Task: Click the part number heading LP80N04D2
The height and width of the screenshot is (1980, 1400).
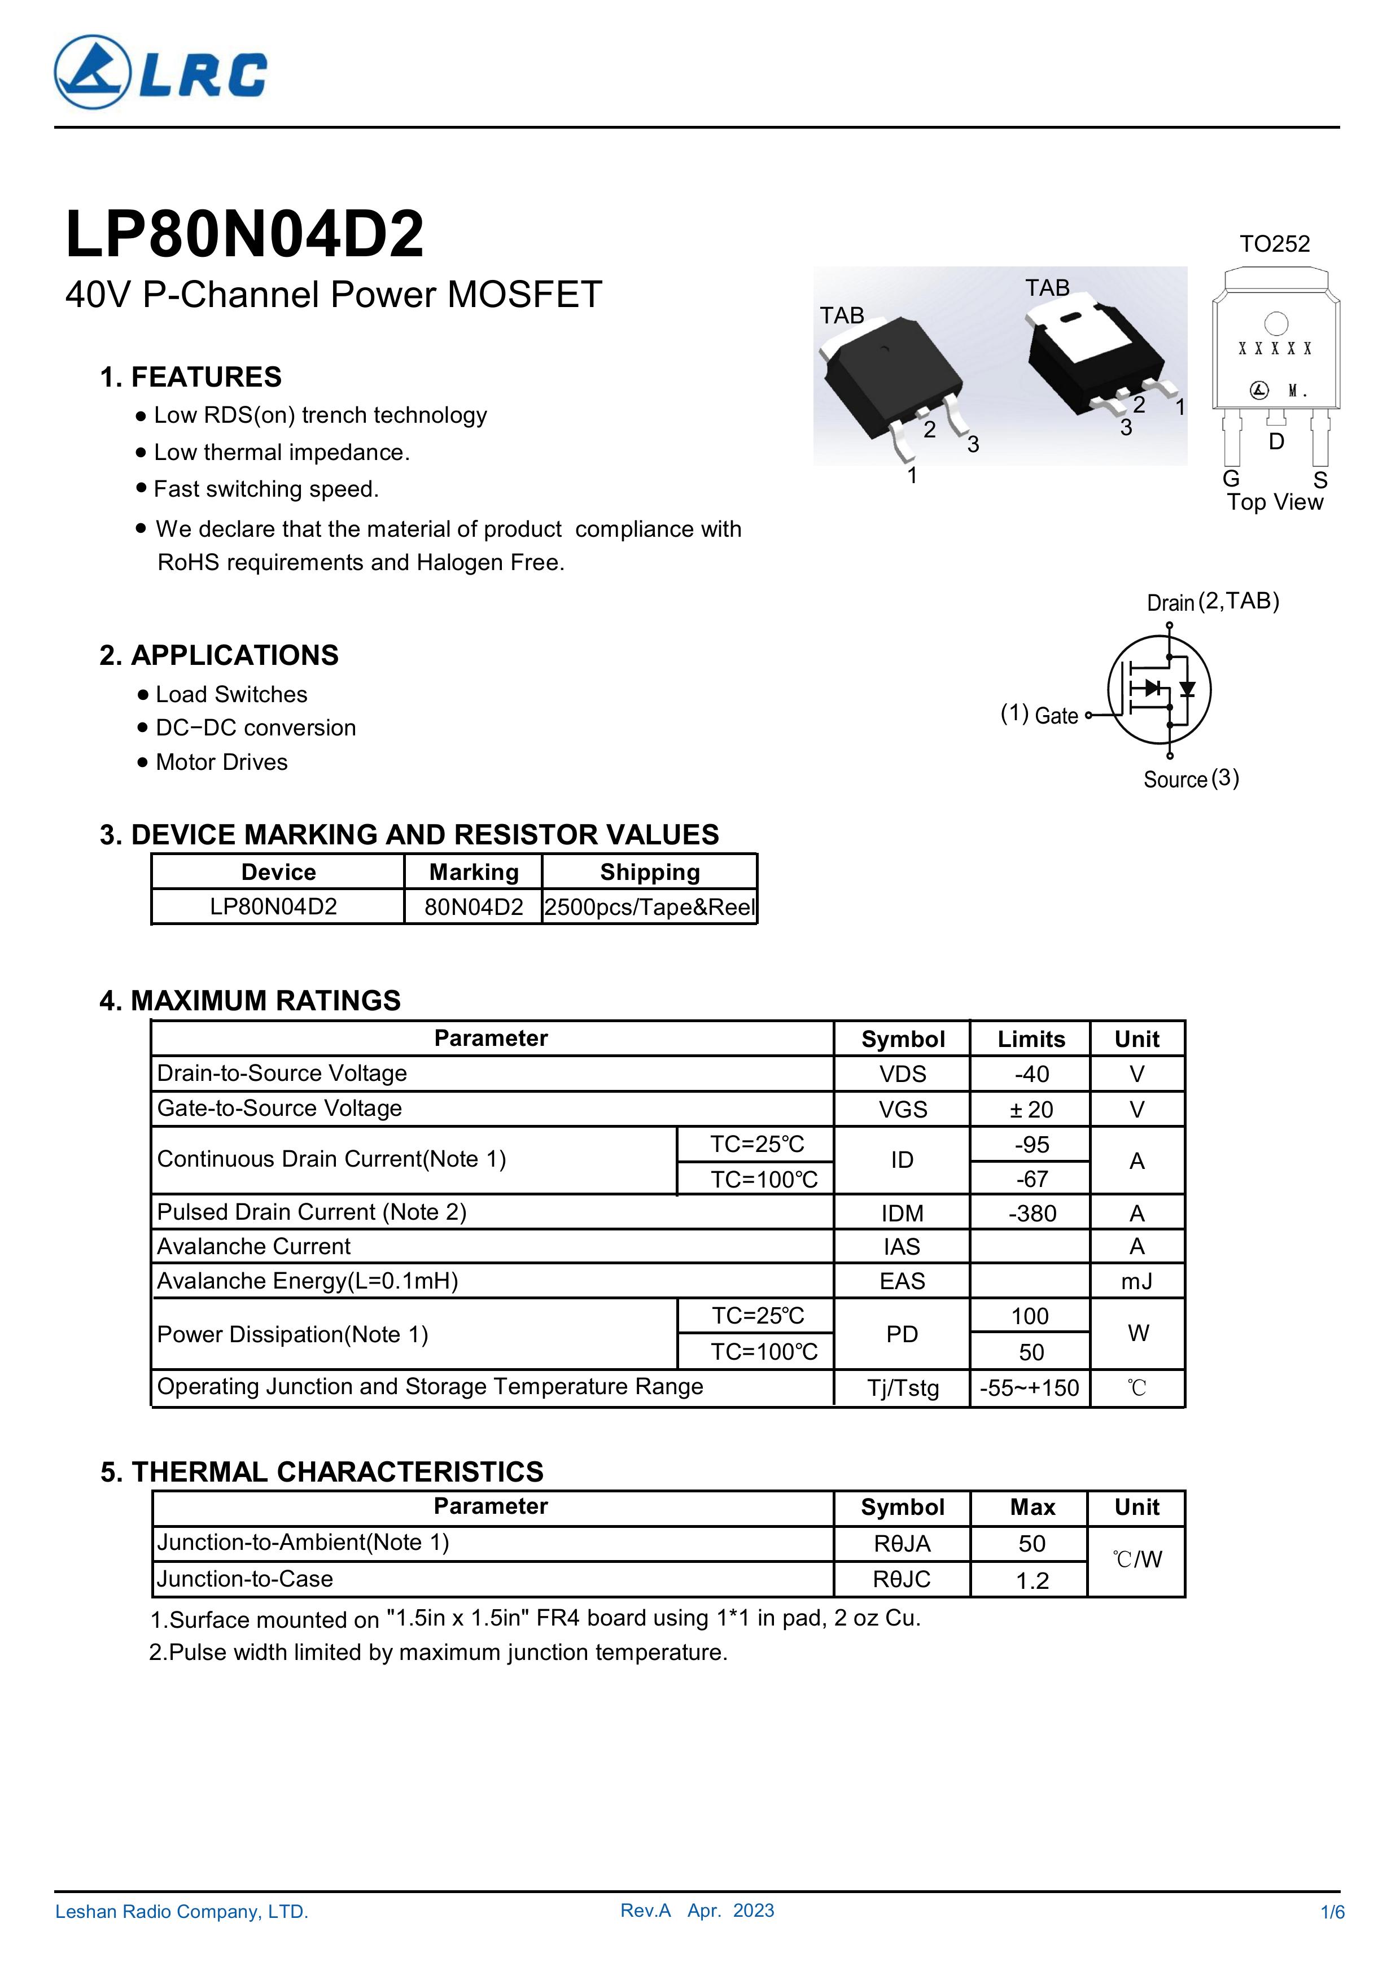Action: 245,235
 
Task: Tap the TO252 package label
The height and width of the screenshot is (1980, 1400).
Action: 1274,244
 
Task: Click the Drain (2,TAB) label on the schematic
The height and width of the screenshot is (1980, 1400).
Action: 1212,602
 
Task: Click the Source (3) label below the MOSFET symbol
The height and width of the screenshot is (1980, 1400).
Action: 1191,779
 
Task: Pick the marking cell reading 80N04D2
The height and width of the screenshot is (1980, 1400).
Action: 474,907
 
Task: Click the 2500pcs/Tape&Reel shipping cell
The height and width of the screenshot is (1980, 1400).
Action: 650,907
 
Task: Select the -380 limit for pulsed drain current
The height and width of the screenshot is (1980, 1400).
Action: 1032,1214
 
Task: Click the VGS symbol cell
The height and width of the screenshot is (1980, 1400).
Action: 902,1109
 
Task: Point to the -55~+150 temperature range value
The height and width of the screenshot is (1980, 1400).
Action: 1030,1387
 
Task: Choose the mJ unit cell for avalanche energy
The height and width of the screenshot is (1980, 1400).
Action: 1137,1281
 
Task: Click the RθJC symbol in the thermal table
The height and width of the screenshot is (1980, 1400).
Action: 902,1579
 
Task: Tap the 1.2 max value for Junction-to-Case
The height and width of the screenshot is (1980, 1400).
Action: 1032,1581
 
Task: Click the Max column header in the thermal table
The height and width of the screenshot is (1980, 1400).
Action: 1032,1508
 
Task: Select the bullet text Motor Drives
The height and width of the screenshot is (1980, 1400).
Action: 222,763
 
